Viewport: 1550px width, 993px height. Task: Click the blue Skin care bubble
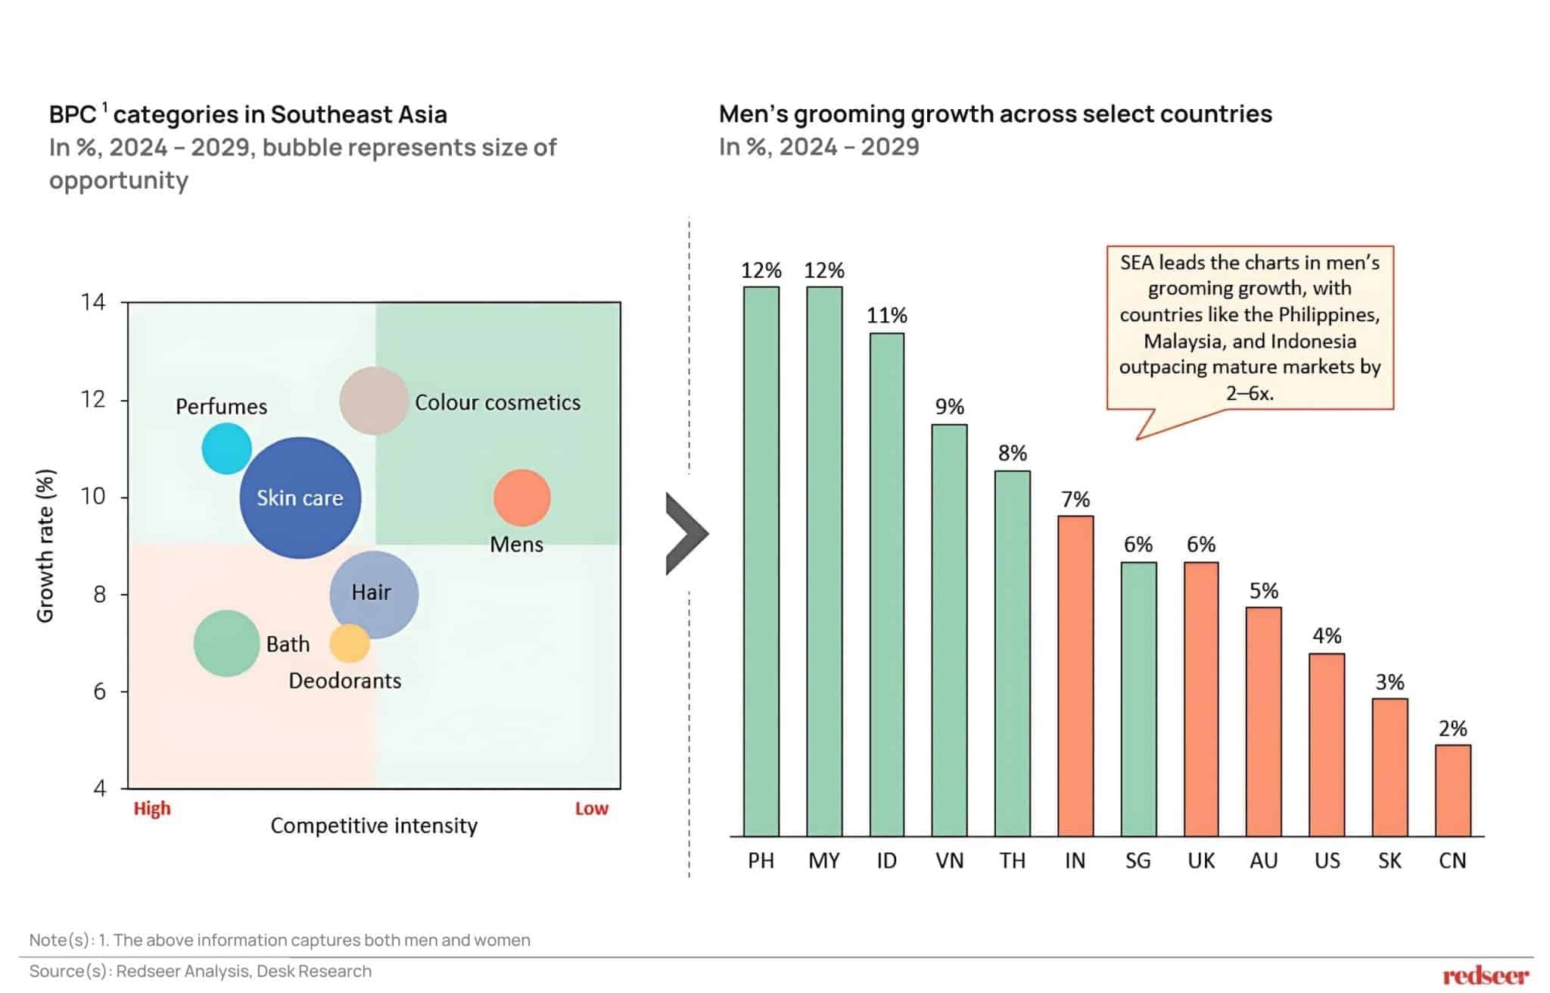pyautogui.click(x=300, y=498)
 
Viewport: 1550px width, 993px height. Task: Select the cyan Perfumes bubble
pyautogui.click(x=226, y=448)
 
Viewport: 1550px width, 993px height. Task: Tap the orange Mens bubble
pyautogui.click(x=521, y=498)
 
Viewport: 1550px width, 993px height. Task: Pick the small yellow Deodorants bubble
pyautogui.click(x=350, y=643)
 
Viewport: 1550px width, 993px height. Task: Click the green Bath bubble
pyautogui.click(x=226, y=643)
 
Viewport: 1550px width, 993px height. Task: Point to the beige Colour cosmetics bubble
pyautogui.click(x=373, y=401)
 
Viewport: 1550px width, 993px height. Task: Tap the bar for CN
pyautogui.click(x=1452, y=791)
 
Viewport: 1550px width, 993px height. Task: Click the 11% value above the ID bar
pyautogui.click(x=886, y=315)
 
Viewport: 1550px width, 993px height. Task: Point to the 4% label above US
pyautogui.click(x=1327, y=635)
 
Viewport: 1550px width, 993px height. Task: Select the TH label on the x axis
pyautogui.click(x=1012, y=860)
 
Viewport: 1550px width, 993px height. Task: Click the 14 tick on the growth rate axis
pyautogui.click(x=94, y=302)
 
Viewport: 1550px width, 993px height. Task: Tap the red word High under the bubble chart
pyautogui.click(x=152, y=808)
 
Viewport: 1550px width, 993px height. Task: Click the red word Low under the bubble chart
pyautogui.click(x=591, y=808)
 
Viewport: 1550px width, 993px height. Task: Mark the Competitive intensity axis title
pyautogui.click(x=374, y=826)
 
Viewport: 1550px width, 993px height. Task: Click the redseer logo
pyautogui.click(x=1485, y=975)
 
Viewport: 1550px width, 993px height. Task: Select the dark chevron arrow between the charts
pyautogui.click(x=686, y=534)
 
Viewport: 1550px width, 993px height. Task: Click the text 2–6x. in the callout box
pyautogui.click(x=1250, y=393)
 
